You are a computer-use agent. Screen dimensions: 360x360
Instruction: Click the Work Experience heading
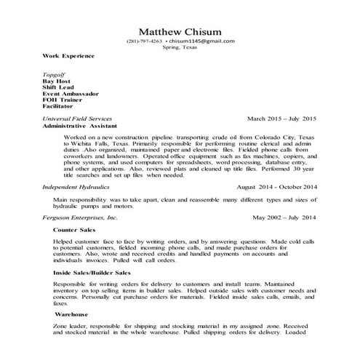68,55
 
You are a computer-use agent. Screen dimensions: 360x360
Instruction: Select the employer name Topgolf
55,74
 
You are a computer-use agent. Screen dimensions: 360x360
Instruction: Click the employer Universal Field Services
77,118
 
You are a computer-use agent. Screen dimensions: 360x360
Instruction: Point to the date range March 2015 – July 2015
281,118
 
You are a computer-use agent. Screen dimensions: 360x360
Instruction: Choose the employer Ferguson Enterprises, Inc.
80,217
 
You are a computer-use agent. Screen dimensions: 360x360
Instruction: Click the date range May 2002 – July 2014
285,217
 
